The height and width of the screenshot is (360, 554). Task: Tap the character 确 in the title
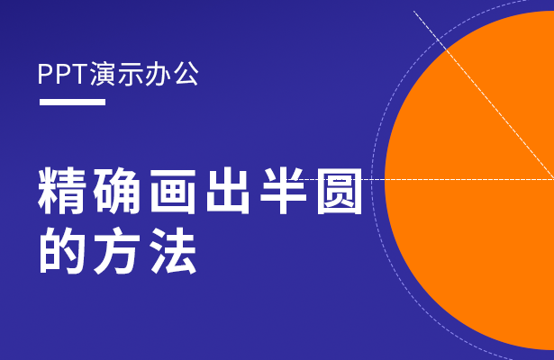(117, 192)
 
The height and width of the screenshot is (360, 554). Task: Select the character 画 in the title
(173, 192)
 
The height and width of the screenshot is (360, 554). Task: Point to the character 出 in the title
(228, 192)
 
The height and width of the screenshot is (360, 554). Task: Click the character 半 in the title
(284, 192)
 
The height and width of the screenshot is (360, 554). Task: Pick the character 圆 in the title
(340, 192)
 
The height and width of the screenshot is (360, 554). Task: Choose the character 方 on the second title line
(117, 250)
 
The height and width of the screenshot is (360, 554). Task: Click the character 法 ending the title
(173, 250)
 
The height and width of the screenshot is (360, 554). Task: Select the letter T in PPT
(80, 74)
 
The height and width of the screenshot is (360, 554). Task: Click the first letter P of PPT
(44, 74)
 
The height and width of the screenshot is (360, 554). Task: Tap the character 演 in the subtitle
(103, 74)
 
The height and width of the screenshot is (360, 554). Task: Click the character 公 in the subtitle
(186, 74)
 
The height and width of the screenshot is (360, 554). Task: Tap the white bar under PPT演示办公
(72, 102)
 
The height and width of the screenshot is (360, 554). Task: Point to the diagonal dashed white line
(484, 94)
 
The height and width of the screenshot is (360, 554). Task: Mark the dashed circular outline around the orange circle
(372, 180)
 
